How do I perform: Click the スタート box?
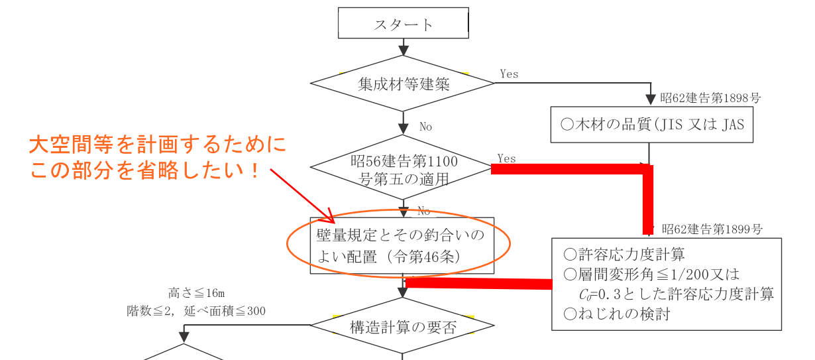[404, 24]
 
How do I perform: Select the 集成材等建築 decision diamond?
[403, 84]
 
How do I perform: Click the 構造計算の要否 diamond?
[403, 327]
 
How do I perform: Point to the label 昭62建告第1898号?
[710, 98]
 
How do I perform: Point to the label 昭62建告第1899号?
[711, 229]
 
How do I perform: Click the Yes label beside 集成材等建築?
[509, 74]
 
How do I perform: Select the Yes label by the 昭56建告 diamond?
[506, 158]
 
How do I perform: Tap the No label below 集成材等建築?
[425, 126]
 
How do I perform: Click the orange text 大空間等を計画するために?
[158, 145]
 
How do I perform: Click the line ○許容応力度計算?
[624, 254]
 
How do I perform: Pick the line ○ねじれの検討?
[616, 314]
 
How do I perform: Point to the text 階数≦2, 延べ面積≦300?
[196, 310]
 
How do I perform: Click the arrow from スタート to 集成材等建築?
[403, 48]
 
